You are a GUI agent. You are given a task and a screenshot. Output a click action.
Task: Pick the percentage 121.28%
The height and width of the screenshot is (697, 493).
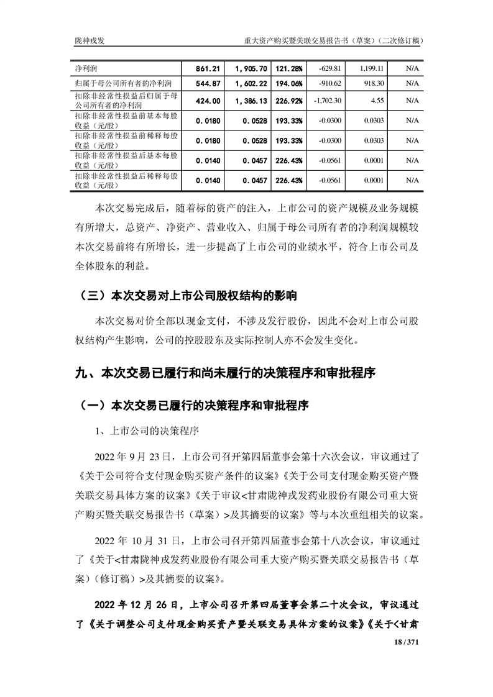289,67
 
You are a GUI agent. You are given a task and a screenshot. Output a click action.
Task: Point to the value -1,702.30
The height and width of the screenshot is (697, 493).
328,100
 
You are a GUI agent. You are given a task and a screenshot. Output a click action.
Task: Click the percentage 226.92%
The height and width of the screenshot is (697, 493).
289,100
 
